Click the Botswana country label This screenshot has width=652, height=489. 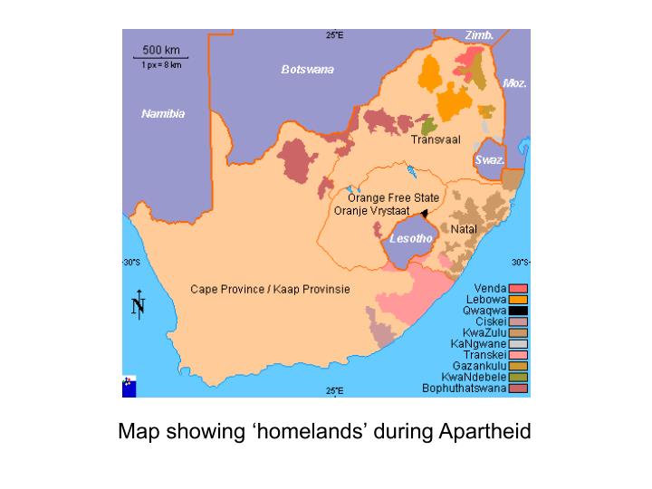point(307,70)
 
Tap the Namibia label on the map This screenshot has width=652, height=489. point(163,114)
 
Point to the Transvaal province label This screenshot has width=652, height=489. point(436,139)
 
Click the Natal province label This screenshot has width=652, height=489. point(464,229)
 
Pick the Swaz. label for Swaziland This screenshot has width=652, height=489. point(489,159)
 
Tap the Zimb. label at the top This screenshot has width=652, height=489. point(479,35)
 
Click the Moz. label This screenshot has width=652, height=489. point(515,82)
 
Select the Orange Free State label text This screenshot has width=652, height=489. point(393,198)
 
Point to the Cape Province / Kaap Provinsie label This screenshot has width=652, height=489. point(270,290)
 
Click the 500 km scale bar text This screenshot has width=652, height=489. point(161,49)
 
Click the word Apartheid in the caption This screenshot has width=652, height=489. point(485,431)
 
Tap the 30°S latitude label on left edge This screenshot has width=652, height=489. point(131,263)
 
